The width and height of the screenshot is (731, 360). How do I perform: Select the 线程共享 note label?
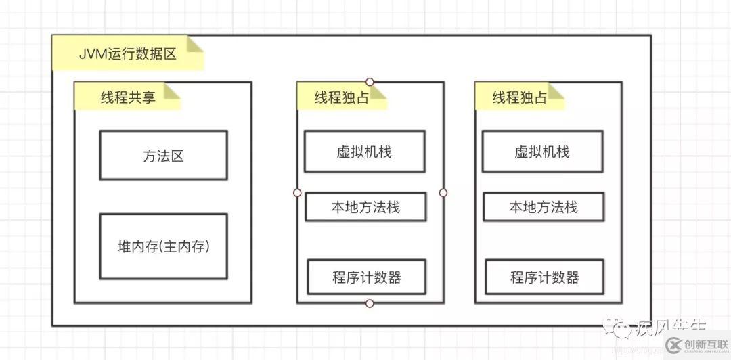(128, 97)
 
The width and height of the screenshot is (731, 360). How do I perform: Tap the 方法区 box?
(163, 156)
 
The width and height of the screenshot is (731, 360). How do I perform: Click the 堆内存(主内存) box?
(163, 247)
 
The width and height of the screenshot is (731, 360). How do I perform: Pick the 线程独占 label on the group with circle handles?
(341, 97)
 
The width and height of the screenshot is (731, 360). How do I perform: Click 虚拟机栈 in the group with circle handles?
(364, 152)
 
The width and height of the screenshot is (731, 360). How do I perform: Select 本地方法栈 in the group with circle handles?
(365, 207)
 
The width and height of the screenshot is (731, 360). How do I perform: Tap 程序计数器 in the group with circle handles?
(367, 277)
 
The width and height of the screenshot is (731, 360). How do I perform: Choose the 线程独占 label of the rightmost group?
(519, 97)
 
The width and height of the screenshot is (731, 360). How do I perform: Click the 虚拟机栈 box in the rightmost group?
(542, 152)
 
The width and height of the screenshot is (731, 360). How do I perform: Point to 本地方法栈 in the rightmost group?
(544, 207)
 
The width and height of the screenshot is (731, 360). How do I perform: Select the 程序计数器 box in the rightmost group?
(545, 277)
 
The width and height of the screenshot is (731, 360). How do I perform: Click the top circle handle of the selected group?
(370, 82)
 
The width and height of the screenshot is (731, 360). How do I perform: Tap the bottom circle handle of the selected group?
(370, 303)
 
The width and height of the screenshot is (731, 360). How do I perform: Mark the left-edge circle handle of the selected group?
(296, 193)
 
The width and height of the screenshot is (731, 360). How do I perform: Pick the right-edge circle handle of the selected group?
(443, 193)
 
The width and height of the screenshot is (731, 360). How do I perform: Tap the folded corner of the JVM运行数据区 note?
(196, 45)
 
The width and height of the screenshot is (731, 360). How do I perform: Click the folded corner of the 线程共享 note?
(174, 89)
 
